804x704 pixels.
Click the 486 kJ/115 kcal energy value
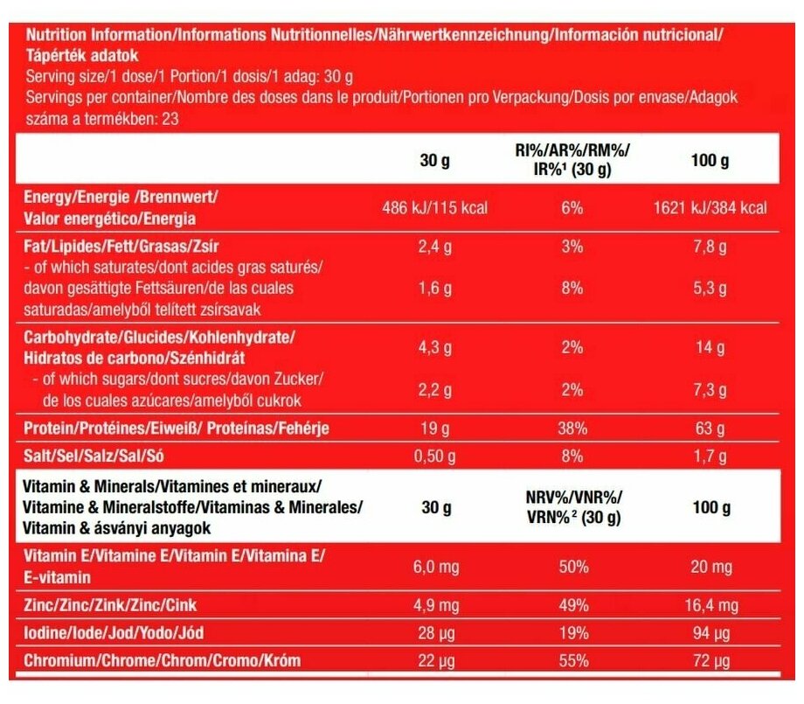(434, 208)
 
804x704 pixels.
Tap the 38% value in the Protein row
(572, 429)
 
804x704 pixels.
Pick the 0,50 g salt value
(434, 456)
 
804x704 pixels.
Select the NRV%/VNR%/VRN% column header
(572, 508)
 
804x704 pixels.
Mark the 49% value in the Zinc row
(572, 604)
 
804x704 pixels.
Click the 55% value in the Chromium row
(572, 661)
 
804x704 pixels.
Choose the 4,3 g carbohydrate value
(434, 347)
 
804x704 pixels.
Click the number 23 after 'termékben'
(170, 119)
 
